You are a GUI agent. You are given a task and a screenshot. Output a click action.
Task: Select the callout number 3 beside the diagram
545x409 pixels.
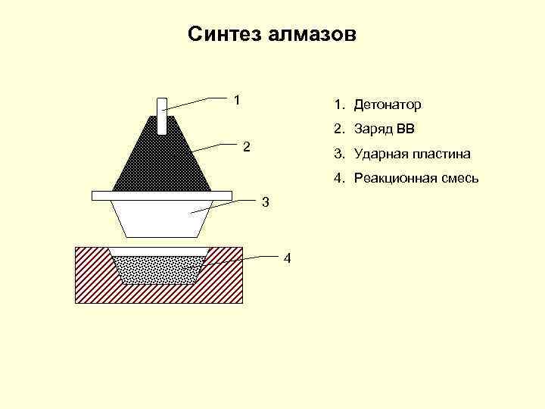(x=264, y=202)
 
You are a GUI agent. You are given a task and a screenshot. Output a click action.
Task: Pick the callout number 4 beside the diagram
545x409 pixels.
(x=286, y=259)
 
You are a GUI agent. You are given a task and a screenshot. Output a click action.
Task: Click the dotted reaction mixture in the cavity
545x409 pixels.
(x=160, y=270)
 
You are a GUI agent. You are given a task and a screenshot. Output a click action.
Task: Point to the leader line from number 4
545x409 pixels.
(x=242, y=261)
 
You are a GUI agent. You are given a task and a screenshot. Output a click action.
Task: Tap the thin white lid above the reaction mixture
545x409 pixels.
(x=160, y=251)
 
